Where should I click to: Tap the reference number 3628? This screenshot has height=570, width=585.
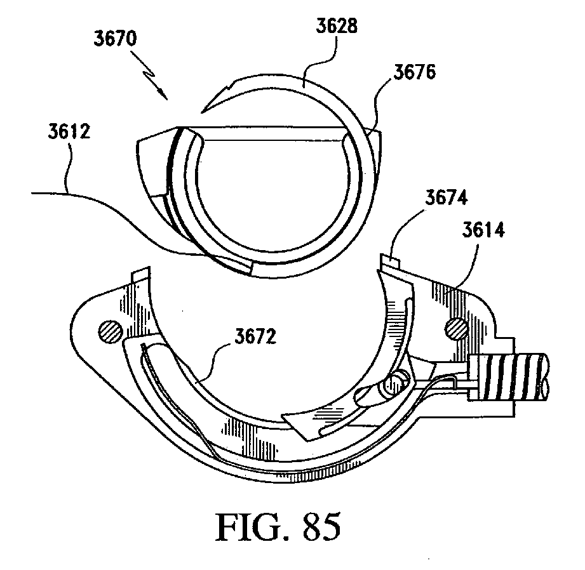336,26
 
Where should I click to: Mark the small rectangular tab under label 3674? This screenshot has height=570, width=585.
388,259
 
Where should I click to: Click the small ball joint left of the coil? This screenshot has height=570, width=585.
398,383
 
